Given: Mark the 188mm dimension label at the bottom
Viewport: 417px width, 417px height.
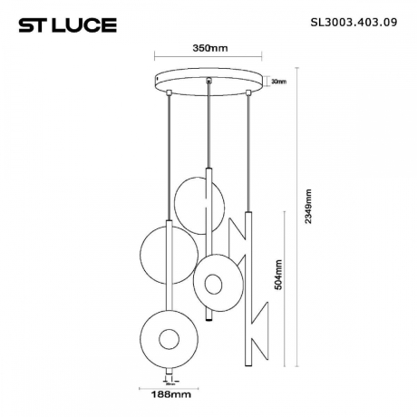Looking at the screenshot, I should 169,394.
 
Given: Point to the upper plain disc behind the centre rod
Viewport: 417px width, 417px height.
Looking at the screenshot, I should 199,205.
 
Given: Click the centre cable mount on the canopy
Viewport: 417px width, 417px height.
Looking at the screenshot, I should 210,86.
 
